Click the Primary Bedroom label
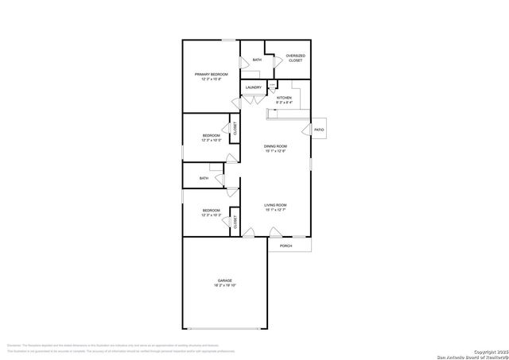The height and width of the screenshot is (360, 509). point(211,74)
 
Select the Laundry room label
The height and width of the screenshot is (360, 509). point(254,87)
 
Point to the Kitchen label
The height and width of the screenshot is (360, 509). point(284,98)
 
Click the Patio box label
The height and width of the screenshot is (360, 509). point(318,129)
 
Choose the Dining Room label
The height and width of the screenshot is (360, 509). point(275,146)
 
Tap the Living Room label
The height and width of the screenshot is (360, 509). point(275,205)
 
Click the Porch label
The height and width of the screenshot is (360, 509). point(286,246)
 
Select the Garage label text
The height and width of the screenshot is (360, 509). point(224,281)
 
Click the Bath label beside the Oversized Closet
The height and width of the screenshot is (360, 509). point(257,60)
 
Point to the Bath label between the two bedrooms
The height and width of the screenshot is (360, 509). point(204,178)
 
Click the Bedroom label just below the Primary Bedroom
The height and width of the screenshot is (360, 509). point(210,136)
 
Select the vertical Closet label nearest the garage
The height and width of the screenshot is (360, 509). point(235,222)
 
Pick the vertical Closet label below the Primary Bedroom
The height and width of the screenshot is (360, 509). point(235,128)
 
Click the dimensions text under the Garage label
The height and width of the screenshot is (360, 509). point(224,286)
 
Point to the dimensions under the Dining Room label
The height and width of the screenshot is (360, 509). point(275,151)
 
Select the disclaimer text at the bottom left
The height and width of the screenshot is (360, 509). point(119,348)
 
